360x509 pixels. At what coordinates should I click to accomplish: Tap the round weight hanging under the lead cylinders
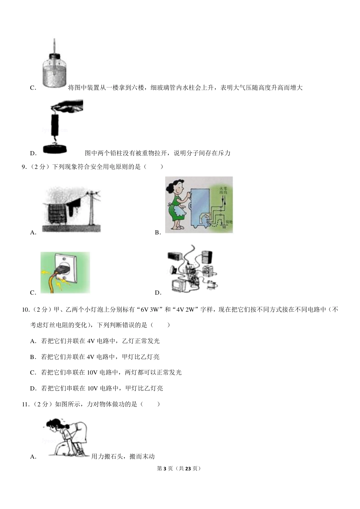coord(56,149)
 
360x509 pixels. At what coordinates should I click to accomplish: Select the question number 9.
coord(24,167)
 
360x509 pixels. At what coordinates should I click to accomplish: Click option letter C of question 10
coord(33,373)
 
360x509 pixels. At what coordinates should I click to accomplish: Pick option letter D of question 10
coord(33,389)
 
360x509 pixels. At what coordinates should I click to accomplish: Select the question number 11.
coord(25,404)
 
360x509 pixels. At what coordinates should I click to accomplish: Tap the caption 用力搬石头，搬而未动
coord(123,457)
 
